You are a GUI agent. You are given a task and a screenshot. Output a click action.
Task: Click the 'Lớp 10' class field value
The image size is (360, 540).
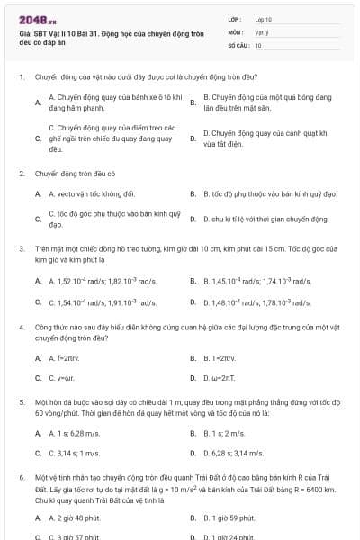tap(263, 19)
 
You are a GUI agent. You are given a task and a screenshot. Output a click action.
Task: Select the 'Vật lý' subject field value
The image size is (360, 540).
tap(262, 31)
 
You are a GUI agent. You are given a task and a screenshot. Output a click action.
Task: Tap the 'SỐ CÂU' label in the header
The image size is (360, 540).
tap(238, 44)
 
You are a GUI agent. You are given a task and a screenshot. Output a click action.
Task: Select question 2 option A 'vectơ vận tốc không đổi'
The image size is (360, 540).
tap(91, 193)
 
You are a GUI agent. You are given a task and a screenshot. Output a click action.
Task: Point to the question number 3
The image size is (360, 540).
tap(22, 247)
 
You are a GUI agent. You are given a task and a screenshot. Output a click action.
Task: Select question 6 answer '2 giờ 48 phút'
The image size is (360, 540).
tap(80, 517)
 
